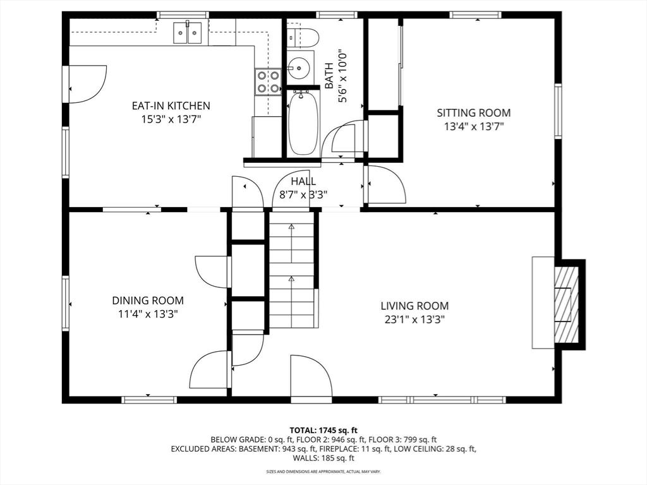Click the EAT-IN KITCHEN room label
(x=171, y=105)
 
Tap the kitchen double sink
(x=187, y=32)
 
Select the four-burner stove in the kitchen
(x=268, y=81)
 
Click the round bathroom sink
(x=297, y=66)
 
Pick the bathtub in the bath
(x=303, y=123)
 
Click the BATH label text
(x=329, y=76)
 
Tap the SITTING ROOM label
(x=474, y=112)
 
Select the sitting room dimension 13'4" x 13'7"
(x=474, y=126)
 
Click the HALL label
(x=303, y=181)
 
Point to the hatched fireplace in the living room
(x=567, y=305)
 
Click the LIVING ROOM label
(x=414, y=306)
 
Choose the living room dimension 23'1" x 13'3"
(x=414, y=319)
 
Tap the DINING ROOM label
(x=148, y=300)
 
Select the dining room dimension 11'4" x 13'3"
(x=148, y=314)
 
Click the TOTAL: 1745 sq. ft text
(x=323, y=431)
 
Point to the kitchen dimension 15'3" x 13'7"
(x=171, y=119)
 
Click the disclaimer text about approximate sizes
(x=323, y=471)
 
